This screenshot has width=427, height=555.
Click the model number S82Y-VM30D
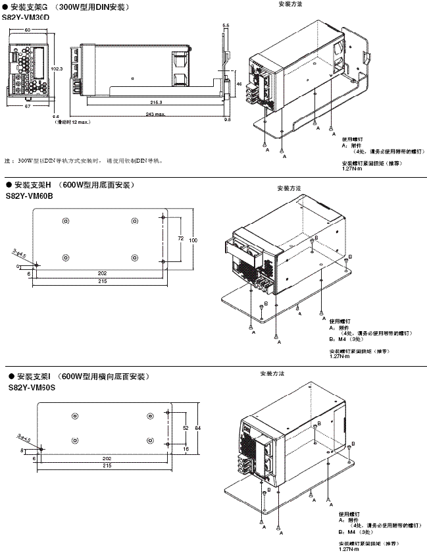[27, 17]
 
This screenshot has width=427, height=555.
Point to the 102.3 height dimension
[57, 68]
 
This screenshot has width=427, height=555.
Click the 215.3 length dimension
[156, 103]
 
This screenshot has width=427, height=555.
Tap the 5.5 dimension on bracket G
[226, 25]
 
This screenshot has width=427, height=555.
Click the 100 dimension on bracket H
[193, 241]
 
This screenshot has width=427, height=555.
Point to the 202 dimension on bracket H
[101, 273]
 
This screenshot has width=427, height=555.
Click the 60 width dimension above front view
[27, 30]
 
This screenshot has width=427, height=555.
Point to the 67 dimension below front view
[27, 106]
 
